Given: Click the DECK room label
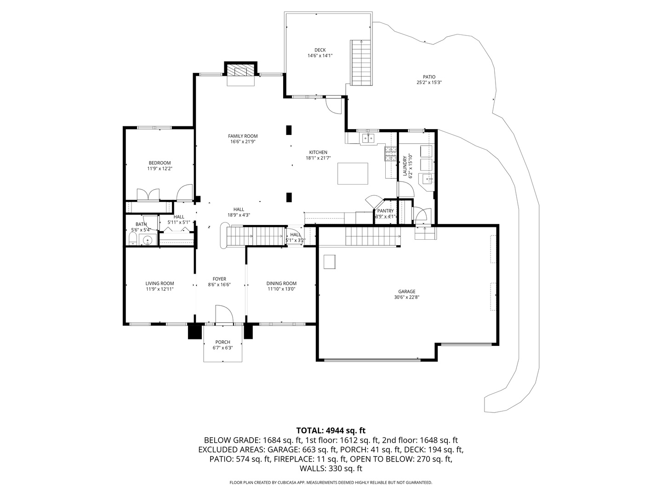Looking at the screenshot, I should coord(320,50).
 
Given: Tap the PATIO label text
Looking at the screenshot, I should coord(429,77).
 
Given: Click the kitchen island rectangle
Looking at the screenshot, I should coord(353,173).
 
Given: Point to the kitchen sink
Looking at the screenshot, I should coord(368,138).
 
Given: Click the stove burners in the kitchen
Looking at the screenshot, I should coord(391,153).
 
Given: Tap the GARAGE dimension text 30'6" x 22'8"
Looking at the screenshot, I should coord(407,297).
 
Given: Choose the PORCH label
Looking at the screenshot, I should coord(223,342).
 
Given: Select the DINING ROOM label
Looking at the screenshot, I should coord(281,283).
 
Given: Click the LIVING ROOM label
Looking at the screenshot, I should coord(160,283).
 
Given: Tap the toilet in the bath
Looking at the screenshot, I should coord(132,238).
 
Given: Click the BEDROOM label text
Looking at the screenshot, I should coord(160,163).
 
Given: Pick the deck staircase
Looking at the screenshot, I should coord(361,62).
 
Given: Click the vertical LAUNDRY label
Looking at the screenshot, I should coord(405,166).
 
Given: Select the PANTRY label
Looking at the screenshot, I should coord(385,211).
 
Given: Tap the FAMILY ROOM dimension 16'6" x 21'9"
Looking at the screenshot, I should coord(243,142).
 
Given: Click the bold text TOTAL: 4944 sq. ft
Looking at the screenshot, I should coord(331,430).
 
